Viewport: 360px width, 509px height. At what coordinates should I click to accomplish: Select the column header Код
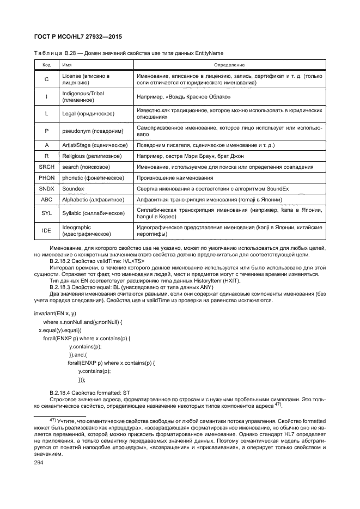pos(46,65)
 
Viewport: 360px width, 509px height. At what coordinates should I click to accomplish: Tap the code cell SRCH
pos(46,166)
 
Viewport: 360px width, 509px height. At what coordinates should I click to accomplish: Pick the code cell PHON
pos(46,177)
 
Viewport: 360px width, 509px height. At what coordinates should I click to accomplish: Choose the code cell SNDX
pos(46,188)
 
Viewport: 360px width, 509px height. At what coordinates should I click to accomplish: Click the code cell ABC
pos(46,200)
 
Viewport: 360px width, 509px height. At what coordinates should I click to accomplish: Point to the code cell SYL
pos(46,213)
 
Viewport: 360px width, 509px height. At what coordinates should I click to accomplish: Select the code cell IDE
pos(46,231)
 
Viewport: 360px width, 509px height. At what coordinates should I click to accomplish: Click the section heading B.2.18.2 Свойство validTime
pos(97,261)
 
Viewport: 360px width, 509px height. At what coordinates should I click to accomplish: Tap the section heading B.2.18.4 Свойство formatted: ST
pos(90,393)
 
